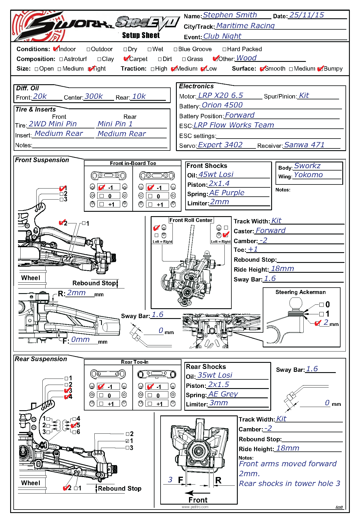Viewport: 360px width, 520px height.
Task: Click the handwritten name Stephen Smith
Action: point(230,15)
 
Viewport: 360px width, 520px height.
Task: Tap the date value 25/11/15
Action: point(307,15)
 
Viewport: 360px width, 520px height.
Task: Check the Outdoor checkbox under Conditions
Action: point(89,49)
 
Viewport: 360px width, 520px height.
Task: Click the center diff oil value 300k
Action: point(93,96)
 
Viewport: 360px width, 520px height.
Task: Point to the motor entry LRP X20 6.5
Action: point(220,96)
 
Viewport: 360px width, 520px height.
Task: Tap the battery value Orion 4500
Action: point(222,105)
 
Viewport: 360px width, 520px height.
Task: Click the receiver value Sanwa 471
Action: point(304,145)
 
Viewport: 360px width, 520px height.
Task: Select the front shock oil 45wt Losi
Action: point(216,175)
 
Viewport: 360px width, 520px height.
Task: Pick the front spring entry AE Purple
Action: point(227,193)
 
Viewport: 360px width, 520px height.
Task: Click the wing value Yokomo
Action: point(308,175)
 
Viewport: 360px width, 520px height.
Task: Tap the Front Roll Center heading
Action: point(191,220)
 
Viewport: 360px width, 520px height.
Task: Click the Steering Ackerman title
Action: point(300,292)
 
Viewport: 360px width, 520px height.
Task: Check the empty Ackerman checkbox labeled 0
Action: point(321,305)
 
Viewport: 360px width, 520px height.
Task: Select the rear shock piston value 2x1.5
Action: point(218,385)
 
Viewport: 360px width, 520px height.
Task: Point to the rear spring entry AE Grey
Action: point(223,394)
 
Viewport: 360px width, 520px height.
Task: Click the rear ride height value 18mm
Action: point(287,448)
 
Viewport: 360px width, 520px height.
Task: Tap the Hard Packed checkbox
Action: point(224,49)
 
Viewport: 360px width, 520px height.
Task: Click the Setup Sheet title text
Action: point(141,35)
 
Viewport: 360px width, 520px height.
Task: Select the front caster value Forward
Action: point(270,231)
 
